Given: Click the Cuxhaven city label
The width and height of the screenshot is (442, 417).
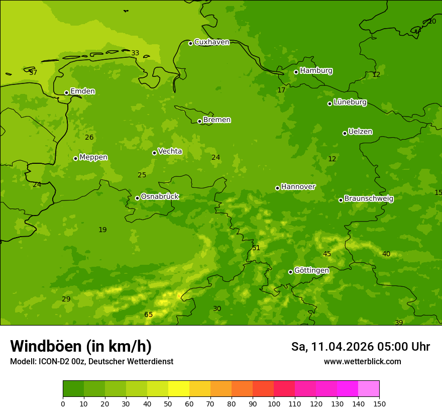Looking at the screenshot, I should [211, 42].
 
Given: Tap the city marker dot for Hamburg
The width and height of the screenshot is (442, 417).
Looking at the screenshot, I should [296, 72].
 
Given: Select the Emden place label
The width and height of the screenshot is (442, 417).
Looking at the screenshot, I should [82, 91].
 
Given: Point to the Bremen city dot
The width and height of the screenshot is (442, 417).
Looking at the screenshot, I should [199, 121].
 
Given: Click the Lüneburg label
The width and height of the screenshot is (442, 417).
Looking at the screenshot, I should [350, 102].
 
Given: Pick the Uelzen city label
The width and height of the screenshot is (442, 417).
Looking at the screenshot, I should [360, 132].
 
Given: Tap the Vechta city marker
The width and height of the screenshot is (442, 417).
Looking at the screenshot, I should [154, 153].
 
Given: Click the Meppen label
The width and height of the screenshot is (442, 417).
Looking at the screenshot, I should [93, 157].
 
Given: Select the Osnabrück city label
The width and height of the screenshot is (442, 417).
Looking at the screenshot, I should [160, 197].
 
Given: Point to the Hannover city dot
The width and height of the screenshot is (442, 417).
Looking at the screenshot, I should [277, 188].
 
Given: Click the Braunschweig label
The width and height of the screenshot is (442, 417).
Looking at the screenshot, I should [369, 199].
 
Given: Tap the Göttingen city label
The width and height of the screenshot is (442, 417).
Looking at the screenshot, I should [311, 271].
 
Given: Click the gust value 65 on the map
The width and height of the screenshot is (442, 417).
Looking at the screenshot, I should [149, 315].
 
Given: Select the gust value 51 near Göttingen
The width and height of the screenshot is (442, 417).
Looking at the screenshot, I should [256, 248].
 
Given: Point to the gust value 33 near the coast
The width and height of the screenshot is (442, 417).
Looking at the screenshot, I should [135, 53].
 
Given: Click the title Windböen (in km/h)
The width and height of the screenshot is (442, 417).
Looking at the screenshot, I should [81, 347].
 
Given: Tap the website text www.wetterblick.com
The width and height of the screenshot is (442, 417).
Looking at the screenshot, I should [362, 362].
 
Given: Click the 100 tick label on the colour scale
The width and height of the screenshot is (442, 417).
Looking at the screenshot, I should [274, 403].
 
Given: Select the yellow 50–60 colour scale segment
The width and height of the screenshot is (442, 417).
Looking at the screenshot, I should [179, 389].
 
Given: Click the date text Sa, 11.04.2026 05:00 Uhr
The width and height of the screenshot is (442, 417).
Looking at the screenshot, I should [360, 347].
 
